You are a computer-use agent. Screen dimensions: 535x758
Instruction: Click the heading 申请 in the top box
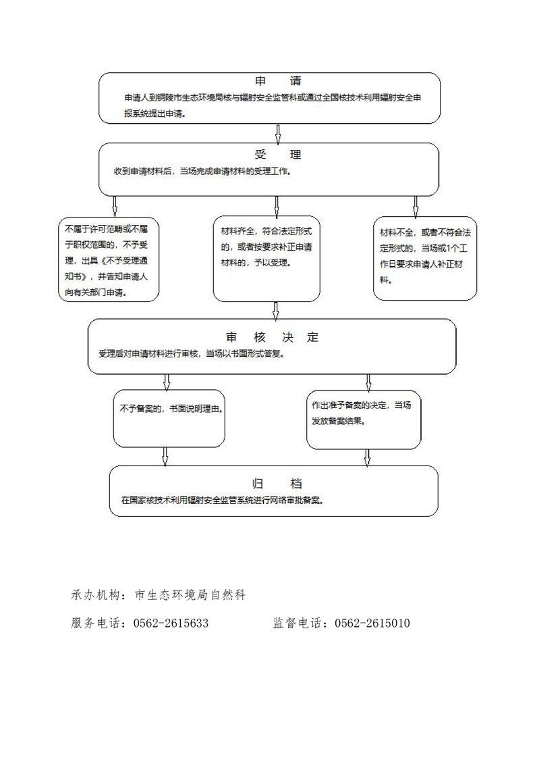click(278, 80)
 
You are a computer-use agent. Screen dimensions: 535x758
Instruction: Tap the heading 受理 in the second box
click(278, 154)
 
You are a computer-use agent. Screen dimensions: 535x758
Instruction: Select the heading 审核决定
click(273, 337)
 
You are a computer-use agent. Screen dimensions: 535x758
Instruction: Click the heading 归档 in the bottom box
click(277, 483)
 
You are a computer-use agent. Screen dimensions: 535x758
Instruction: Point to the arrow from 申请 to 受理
click(278, 134)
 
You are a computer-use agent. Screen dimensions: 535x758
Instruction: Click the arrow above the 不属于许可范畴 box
click(115, 207)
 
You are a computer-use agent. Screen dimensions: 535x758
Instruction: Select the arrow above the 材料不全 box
click(416, 207)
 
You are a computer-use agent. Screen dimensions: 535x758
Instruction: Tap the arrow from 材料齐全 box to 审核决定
click(276, 311)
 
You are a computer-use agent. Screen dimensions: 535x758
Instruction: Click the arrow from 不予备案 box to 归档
click(165, 457)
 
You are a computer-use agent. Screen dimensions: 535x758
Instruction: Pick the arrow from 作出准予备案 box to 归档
click(367, 458)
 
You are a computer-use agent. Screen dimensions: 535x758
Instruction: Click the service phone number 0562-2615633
click(171, 623)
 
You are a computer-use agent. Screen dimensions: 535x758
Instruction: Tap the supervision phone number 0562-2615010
click(372, 623)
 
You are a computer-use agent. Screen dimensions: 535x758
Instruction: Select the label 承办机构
click(95, 595)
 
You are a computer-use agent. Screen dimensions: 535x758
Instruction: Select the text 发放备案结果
click(337, 421)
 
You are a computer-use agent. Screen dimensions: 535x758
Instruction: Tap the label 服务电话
click(95, 623)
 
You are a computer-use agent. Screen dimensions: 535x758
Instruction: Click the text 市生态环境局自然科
click(190, 595)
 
